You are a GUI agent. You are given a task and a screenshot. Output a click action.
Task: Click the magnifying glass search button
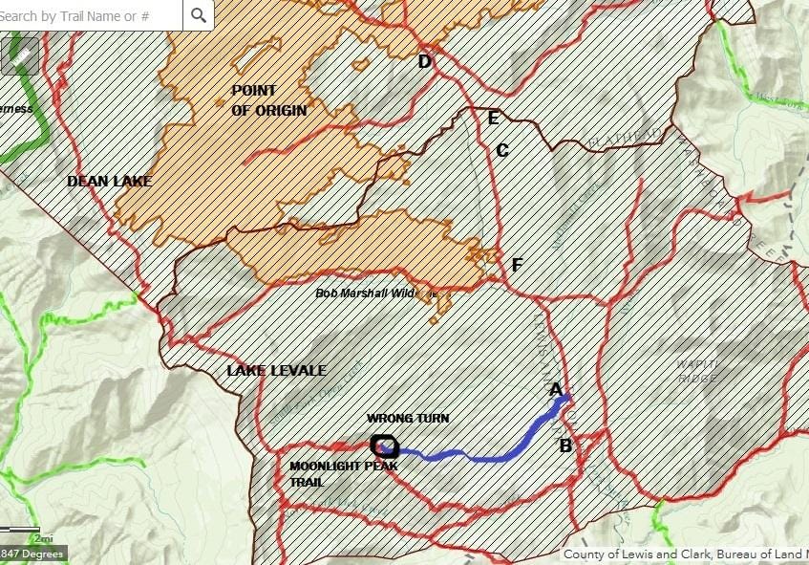tap(198, 14)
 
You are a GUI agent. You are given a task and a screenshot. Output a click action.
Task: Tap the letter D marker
tap(425, 62)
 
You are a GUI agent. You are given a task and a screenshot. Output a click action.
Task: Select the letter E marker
tap(493, 119)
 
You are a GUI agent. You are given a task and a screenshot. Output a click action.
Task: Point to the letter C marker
tap(502, 150)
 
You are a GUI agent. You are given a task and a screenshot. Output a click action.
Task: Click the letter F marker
tap(517, 265)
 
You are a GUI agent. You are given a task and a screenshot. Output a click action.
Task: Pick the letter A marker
tap(556, 389)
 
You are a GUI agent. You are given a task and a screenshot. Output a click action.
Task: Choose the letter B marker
tap(565, 445)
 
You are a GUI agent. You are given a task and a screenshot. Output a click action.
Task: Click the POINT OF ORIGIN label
tap(269, 100)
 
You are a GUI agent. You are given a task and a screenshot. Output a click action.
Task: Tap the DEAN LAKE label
tap(110, 181)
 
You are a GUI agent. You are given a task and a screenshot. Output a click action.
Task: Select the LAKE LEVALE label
tap(276, 370)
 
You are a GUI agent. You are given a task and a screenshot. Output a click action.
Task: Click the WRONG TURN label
tap(408, 419)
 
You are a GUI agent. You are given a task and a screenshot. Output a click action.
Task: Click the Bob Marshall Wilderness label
tap(376, 293)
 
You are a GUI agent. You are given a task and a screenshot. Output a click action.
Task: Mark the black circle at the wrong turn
tap(383, 445)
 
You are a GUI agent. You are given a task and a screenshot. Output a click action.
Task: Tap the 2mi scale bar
tap(21, 531)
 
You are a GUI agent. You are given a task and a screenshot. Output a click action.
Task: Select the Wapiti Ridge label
tap(697, 371)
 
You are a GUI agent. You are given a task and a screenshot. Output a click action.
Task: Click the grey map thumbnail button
tap(20, 55)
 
